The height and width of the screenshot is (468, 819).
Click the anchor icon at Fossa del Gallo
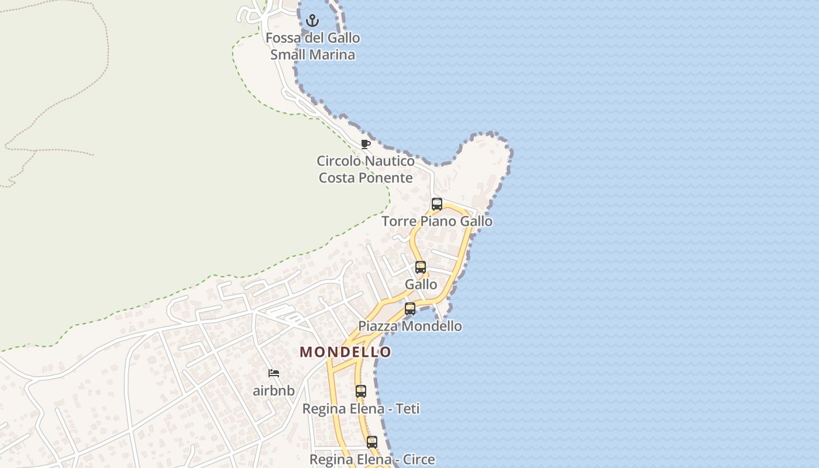(x=313, y=21)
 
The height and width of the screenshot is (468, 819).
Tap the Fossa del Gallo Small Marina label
(x=312, y=46)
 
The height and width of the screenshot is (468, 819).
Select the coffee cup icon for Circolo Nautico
(x=366, y=144)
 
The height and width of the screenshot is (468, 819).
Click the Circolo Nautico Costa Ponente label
(x=366, y=169)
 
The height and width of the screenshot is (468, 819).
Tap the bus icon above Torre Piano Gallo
(x=437, y=204)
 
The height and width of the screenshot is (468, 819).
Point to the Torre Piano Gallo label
(x=437, y=222)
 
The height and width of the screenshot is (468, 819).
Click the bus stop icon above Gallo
(x=421, y=267)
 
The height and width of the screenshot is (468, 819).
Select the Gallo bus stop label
(x=421, y=284)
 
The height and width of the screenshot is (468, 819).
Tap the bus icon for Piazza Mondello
(x=410, y=309)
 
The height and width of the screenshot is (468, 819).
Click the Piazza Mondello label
(x=410, y=326)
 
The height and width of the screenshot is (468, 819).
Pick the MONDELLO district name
(x=345, y=352)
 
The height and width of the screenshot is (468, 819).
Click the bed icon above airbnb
(x=274, y=373)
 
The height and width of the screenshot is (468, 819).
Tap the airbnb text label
(x=274, y=391)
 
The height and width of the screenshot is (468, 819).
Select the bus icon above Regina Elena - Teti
(x=361, y=391)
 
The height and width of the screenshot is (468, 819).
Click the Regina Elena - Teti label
(x=361, y=409)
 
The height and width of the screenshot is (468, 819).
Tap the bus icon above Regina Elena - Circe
(x=372, y=442)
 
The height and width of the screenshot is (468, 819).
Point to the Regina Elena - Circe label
(x=372, y=460)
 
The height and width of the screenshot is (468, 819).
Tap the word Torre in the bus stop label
(x=399, y=222)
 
